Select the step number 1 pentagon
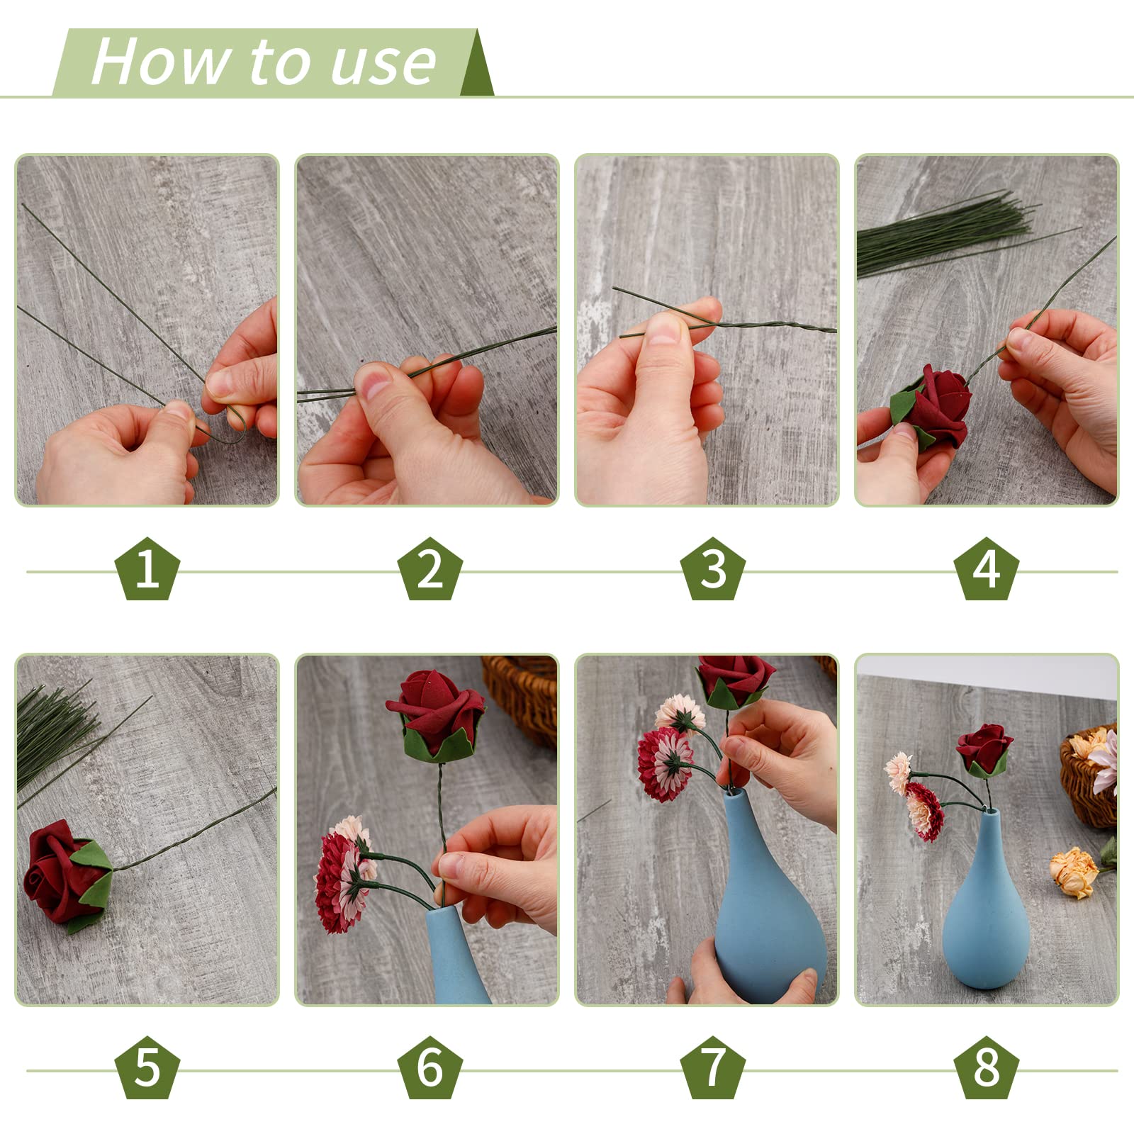point(147,568)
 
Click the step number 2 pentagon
point(430,568)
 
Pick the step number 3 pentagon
point(712,568)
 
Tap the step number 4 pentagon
point(986,568)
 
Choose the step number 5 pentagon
point(147,1067)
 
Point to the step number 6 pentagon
point(430,1067)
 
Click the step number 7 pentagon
point(712,1067)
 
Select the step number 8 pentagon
point(986,1067)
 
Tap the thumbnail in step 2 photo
point(374,381)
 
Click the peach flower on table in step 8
point(1074,872)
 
